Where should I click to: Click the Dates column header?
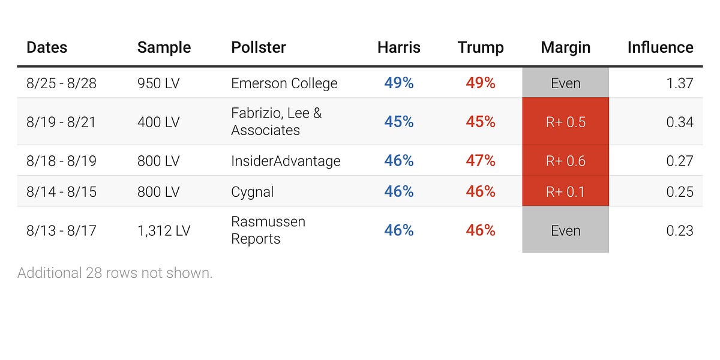[47, 47]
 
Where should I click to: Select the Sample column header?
[164, 47]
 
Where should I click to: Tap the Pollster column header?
[258, 47]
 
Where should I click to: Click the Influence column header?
[660, 47]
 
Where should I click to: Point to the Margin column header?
[565, 47]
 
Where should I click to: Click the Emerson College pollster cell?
[284, 83]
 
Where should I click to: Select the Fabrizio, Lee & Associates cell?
[276, 121]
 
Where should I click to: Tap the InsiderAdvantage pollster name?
[286, 161]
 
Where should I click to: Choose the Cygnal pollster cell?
[252, 191]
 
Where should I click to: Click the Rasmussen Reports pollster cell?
[268, 230]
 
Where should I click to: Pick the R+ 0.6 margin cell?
[565, 161]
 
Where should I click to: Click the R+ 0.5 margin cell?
[565, 122]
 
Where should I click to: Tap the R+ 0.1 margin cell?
[565, 191]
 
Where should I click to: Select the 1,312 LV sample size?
[163, 230]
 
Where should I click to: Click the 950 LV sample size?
[158, 83]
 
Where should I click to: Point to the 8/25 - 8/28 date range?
[61, 83]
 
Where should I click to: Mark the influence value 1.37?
[679, 83]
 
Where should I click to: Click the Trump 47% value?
[480, 161]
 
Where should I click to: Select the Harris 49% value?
[399, 83]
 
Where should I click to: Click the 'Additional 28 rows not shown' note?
[115, 273]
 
